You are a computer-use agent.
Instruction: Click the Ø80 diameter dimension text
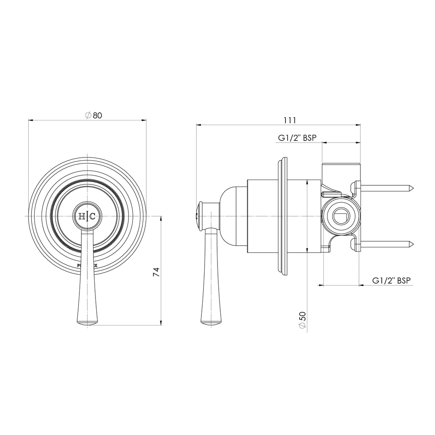tap(94, 115)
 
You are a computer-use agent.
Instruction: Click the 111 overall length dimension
tap(290, 120)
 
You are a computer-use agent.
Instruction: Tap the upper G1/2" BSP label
tap(297, 138)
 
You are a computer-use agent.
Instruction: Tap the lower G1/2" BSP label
tap(391, 281)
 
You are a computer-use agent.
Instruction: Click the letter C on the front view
tap(92, 216)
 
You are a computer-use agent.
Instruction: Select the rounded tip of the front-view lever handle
tap(87, 322)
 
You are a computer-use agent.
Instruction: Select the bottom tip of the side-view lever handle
tap(211, 322)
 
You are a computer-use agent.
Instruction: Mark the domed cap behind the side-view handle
tap(233, 216)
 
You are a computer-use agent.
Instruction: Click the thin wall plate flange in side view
tap(283, 216)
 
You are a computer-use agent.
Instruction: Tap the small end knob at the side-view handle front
tap(198, 216)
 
